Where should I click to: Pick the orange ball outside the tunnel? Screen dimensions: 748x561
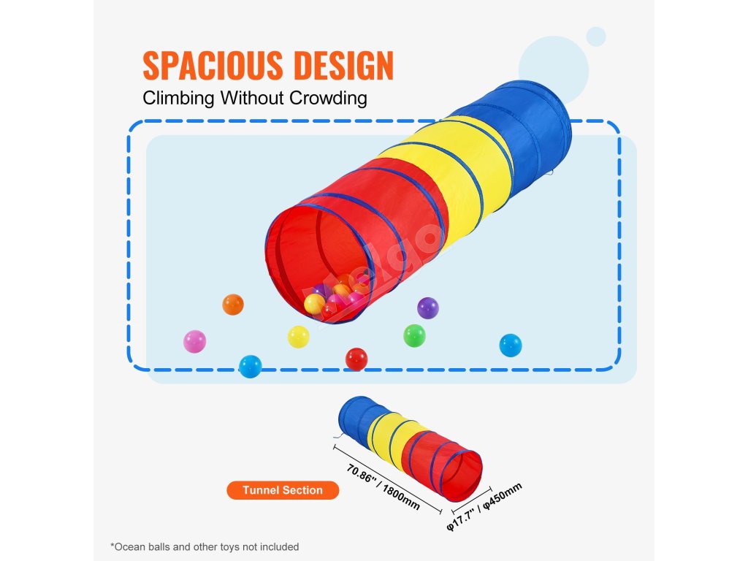[x=232, y=304]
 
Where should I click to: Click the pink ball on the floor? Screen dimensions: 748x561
[x=194, y=341]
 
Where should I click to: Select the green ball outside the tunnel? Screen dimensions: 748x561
[x=414, y=335]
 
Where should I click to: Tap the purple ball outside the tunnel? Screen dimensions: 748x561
[x=427, y=308]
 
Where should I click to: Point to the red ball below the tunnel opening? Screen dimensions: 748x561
[x=356, y=359]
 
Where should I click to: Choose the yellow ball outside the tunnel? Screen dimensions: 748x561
[x=298, y=336]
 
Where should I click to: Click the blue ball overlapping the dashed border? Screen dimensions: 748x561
[x=250, y=366]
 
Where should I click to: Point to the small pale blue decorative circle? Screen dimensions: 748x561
[x=596, y=36]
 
